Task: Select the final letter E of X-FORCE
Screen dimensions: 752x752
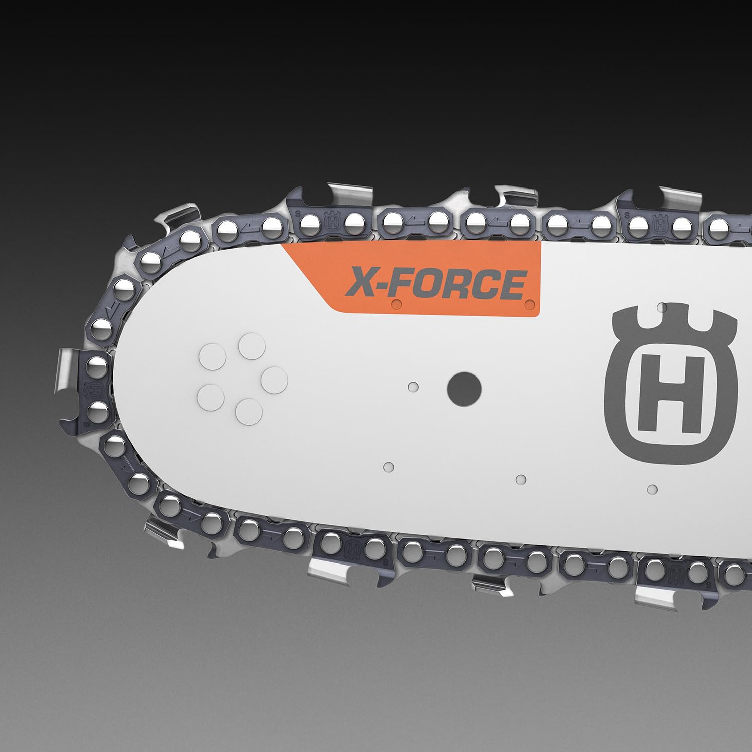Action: (514, 284)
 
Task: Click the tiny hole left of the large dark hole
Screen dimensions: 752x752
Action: (413, 386)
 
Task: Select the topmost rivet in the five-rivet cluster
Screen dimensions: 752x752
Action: (251, 346)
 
